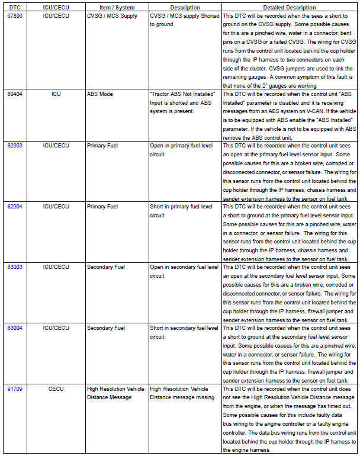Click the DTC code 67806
point(15,15)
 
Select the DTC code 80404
point(15,94)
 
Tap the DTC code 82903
point(15,145)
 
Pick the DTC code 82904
point(15,207)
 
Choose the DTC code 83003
point(15,267)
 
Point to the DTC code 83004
point(15,328)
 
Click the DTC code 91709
point(15,389)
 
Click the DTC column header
point(15,7)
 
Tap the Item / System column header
point(116,7)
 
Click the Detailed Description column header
point(289,7)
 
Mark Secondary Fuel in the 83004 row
point(106,328)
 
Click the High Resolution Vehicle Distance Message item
point(115,393)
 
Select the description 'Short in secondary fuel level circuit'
point(184,332)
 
